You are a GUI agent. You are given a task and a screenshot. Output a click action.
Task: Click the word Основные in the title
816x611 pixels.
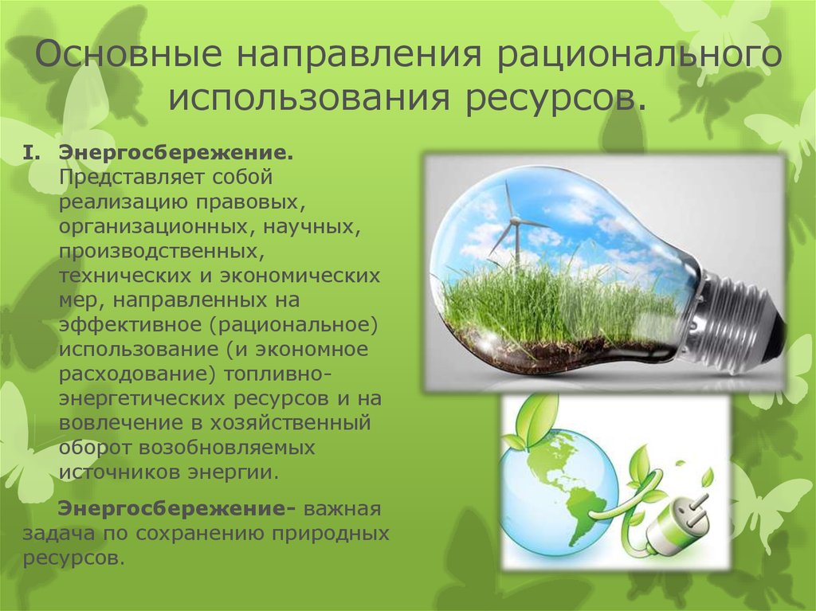pyautogui.click(x=128, y=54)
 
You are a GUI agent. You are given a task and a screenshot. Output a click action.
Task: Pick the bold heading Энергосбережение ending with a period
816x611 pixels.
pyautogui.click(x=176, y=154)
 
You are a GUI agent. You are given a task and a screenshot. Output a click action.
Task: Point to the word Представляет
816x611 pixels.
pyautogui.click(x=131, y=178)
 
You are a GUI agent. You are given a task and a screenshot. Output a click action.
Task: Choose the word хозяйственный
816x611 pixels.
pyautogui.click(x=290, y=422)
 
